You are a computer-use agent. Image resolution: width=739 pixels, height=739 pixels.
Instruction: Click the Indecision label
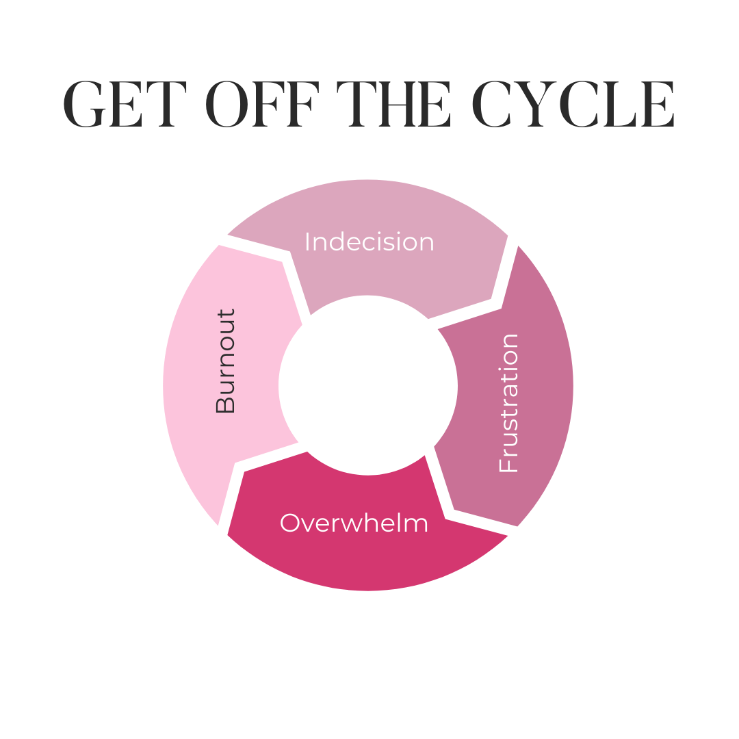click(369, 242)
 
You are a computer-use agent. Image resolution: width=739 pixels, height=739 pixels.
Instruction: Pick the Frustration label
click(509, 403)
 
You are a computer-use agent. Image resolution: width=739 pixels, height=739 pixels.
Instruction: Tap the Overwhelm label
click(354, 523)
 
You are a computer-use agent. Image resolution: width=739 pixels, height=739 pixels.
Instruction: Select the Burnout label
click(225, 361)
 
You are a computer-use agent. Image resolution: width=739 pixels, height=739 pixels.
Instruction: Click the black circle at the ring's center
click(368, 385)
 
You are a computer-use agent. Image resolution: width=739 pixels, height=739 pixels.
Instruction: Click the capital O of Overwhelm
click(291, 523)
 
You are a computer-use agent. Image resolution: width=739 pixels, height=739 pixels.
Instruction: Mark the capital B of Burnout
click(225, 404)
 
